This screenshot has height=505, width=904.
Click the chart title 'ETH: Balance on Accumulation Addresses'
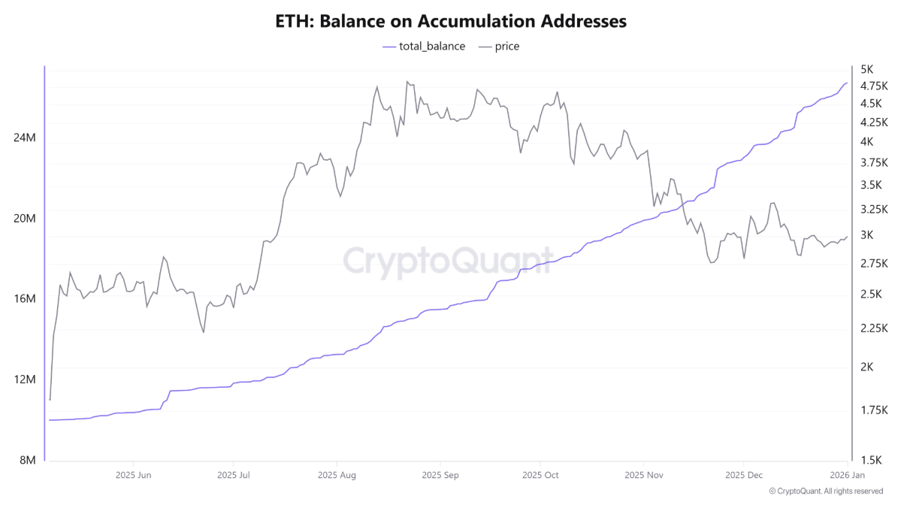click(452, 21)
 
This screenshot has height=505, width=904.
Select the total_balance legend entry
click(424, 47)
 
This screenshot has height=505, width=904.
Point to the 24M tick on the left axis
click(25, 138)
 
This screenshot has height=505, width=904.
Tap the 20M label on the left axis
click(25, 219)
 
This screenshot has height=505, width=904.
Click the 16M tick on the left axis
click(25, 299)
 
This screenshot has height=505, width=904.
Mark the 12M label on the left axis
click(25, 380)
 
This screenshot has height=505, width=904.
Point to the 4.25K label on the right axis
click(874, 122)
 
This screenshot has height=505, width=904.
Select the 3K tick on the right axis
click(866, 235)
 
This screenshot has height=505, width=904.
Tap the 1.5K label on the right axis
click(870, 460)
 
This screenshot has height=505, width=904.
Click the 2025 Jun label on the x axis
click(134, 475)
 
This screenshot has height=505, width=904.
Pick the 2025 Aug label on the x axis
click(337, 475)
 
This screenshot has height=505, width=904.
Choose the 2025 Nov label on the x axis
click(643, 475)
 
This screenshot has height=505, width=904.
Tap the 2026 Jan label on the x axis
click(845, 475)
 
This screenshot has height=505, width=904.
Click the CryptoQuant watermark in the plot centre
click(449, 261)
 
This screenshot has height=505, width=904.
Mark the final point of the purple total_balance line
click(847, 83)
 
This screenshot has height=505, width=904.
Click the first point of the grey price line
click(50, 399)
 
